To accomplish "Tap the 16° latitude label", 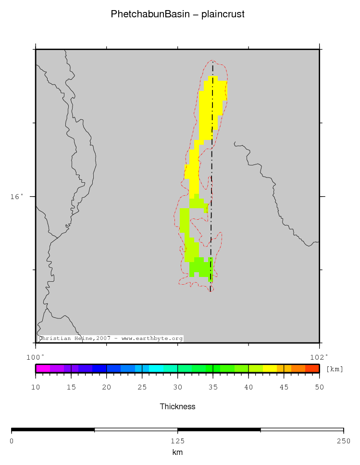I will click(16, 196).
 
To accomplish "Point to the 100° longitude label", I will click(35, 357).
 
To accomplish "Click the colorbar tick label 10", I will click(36, 388).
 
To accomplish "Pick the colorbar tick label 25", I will click(142, 388).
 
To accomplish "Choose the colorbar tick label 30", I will click(177, 388).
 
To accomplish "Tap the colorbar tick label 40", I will click(248, 388).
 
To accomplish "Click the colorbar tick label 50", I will click(319, 388).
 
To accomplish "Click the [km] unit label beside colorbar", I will click(335, 369).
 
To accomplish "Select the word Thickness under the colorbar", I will click(177, 407).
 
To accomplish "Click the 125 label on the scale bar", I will click(177, 441).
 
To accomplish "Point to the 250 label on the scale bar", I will click(343, 441).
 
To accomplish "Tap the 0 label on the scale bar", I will click(12, 441).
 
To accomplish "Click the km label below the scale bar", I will click(177, 452).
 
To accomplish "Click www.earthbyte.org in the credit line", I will click(152, 339).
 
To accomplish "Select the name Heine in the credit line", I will click(84, 339).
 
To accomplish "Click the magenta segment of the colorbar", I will click(42, 369).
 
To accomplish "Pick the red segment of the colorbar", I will click(312, 369).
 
